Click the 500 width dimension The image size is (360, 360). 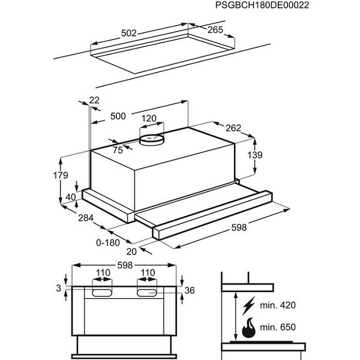click(118, 116)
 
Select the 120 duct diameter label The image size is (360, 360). click(148, 118)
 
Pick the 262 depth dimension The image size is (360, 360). click(233, 127)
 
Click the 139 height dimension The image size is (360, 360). click(256, 155)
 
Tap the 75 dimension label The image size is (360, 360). click(118, 149)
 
